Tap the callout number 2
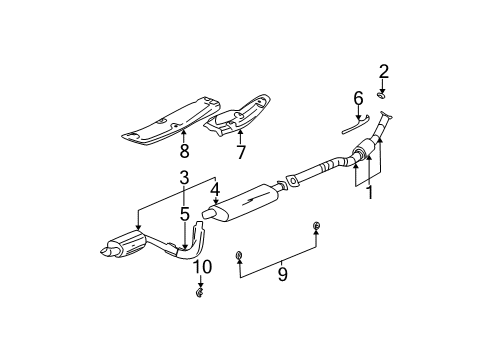tap(383, 70)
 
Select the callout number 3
tap(183, 177)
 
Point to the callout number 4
tap(215, 186)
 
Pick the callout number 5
tap(185, 213)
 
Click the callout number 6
tap(357, 98)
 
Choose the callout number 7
tap(240, 152)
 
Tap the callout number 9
tap(281, 273)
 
